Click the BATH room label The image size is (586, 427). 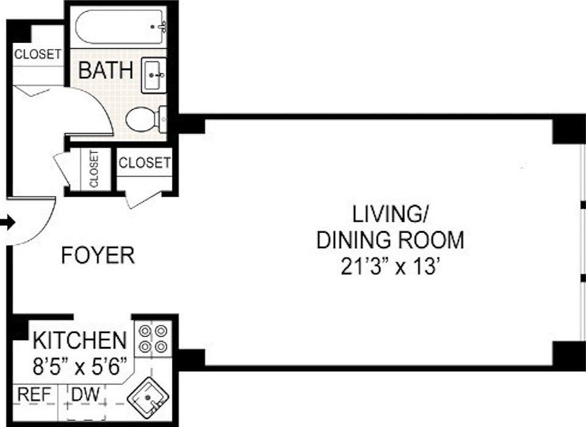coord(106,71)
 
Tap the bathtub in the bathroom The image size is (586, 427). coord(121,26)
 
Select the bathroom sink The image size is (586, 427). coord(154,75)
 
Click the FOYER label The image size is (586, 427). coord(98,255)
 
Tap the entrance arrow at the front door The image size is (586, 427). coord(7,224)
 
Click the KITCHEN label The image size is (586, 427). coord(79,340)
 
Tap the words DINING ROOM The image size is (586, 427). coord(390,241)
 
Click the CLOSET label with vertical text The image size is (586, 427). coord(93,169)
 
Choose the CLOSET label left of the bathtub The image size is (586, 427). coord(38,54)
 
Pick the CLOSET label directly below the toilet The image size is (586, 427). coord(144,163)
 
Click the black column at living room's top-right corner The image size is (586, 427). coord(568,130)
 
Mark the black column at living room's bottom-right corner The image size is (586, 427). coord(568,354)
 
